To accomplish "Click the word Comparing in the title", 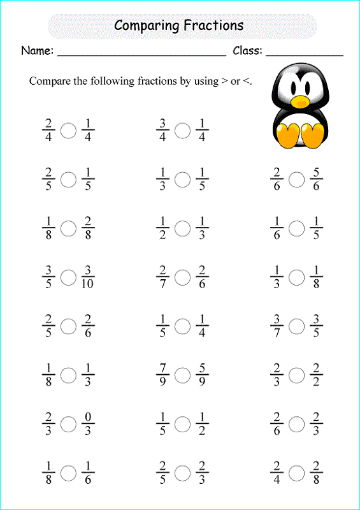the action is click(146, 25).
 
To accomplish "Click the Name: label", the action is click(37, 50).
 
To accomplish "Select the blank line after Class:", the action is click(304, 55).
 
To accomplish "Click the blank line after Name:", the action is click(141, 55).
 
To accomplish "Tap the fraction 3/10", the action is click(87, 277).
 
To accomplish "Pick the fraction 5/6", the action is click(316, 180).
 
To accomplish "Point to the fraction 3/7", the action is click(277, 326).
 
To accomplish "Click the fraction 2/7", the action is click(162, 277).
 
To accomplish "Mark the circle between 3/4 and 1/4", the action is click(182, 131).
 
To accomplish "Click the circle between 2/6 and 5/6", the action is click(296, 180).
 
